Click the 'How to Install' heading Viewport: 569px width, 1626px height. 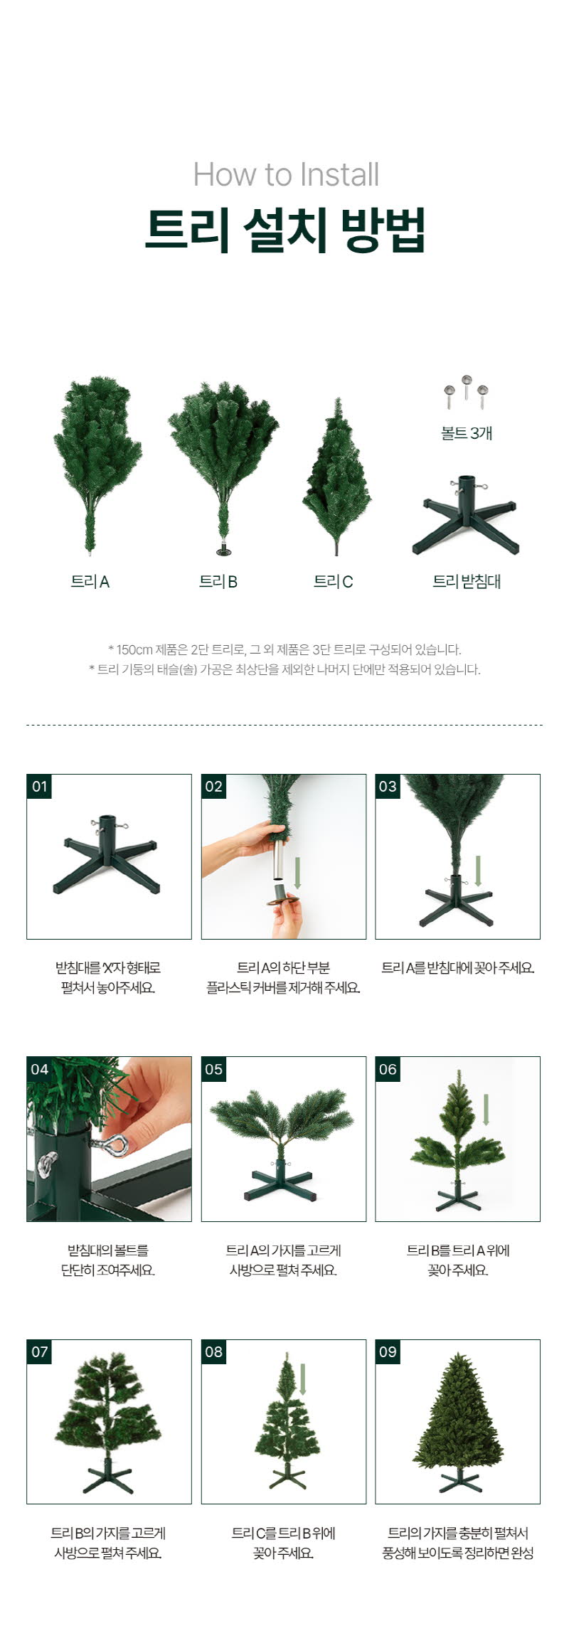point(286,174)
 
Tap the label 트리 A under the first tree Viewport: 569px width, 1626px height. point(90,582)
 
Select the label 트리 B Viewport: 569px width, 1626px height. point(218,582)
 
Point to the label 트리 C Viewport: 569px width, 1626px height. point(334,582)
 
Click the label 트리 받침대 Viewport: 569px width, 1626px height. point(467,582)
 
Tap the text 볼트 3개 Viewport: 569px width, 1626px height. point(467,433)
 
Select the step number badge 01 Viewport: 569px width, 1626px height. point(39,787)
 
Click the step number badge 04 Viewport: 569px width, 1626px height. point(39,1069)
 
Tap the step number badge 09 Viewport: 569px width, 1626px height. point(388,1351)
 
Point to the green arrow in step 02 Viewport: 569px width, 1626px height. point(298,873)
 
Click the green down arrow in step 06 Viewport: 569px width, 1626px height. point(486,1110)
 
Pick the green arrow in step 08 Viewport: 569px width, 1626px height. point(303,1379)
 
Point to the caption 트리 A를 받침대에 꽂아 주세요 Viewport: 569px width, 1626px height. point(458,967)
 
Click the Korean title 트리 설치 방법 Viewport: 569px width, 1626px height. point(285,229)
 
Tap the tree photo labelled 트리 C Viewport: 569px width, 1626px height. point(336,477)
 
